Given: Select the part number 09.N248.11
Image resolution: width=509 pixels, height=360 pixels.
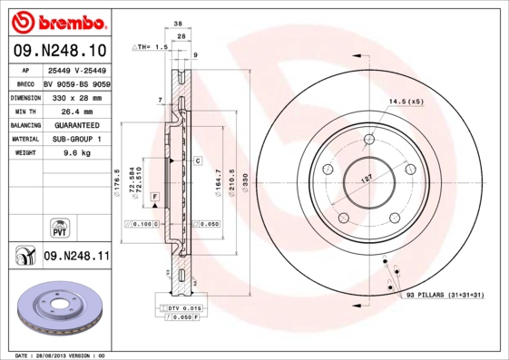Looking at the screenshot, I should pos(76,257).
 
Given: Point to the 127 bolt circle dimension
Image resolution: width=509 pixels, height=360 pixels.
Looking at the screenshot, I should pos(367,179).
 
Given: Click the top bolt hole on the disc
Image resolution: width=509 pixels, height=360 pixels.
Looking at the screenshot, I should pos(368,139).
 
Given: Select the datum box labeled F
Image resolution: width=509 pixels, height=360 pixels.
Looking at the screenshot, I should pos(155,197).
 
